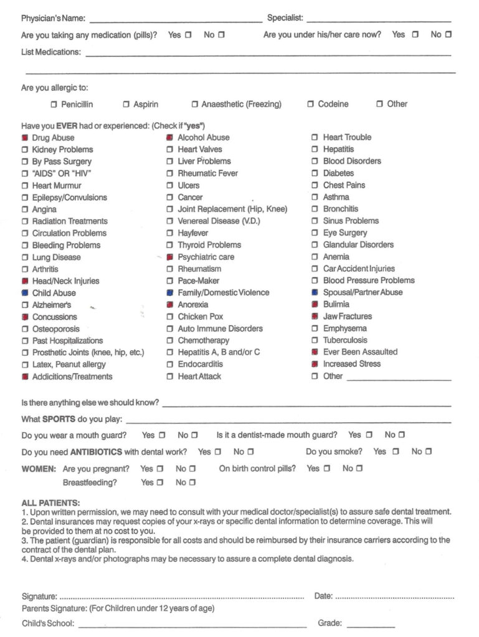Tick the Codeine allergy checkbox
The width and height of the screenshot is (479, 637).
[x=310, y=105]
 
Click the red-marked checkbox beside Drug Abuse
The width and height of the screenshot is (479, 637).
[x=25, y=138]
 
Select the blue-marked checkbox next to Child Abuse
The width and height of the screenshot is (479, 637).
[x=25, y=293]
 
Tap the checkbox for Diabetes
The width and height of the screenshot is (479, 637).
[x=315, y=174]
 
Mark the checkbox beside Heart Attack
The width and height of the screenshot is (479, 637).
[x=170, y=377]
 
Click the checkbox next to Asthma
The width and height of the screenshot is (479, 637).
[x=315, y=197]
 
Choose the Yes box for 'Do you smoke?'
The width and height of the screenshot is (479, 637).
[x=396, y=452]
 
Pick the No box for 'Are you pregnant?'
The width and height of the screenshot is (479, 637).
[x=192, y=469]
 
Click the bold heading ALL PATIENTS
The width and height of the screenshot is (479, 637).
[x=50, y=503]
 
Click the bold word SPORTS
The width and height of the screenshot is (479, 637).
[x=60, y=419]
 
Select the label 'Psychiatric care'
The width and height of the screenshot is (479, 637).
[x=206, y=257]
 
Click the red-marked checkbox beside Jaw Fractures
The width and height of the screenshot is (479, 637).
[x=315, y=317]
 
